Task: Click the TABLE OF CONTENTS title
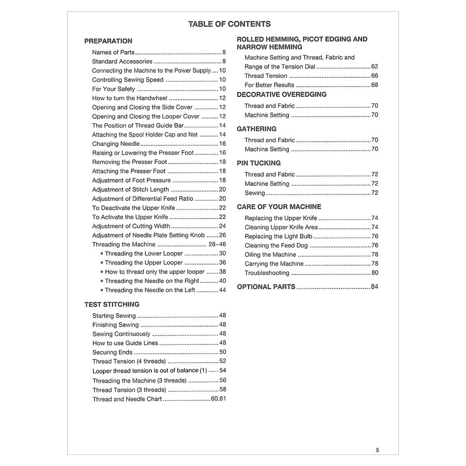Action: click(229, 24)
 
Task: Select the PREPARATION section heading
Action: click(108, 41)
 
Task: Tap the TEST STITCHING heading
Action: click(112, 304)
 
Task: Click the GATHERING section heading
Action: click(256, 129)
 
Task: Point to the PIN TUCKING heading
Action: click(259, 163)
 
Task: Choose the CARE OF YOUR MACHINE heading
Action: click(279, 206)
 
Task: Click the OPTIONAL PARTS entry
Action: click(266, 287)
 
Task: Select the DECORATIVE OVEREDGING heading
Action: click(281, 94)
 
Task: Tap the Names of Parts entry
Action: click(113, 52)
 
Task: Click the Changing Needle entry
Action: click(116, 144)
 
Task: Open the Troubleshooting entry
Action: click(267, 273)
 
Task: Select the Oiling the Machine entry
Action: click(270, 254)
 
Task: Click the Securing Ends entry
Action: click(112, 352)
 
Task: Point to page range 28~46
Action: click(217, 244)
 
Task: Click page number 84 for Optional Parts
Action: click(375, 287)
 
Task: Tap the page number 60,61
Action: click(218, 399)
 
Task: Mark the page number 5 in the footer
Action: click(377, 450)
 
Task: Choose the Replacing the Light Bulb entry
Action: click(278, 236)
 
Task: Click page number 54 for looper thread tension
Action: click(223, 370)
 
